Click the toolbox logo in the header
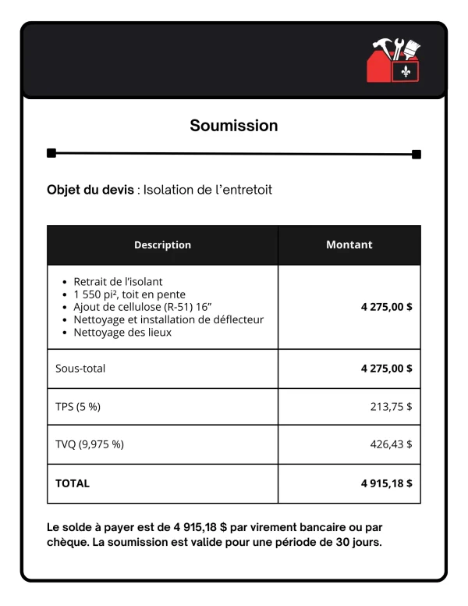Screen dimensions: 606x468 coord(394,60)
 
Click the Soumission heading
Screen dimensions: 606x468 coord(234,125)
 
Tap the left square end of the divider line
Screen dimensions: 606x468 coord(51,153)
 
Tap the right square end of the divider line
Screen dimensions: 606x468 coord(417,154)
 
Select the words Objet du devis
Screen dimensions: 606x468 coord(90,190)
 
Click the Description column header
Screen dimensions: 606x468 coord(162,244)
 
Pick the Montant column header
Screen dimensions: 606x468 coord(349,244)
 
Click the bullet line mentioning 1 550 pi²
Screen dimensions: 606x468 coord(129,294)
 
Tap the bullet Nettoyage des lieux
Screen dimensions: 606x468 coord(122,332)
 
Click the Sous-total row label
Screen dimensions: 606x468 coord(80,368)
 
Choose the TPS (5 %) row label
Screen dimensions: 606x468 coord(78,406)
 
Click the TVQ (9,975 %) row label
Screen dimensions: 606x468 coord(89,444)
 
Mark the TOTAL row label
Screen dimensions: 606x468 coord(73,483)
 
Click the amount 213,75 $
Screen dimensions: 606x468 coord(391,406)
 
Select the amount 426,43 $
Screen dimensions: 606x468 coord(391,444)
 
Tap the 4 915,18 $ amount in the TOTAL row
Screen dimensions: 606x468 coord(386,483)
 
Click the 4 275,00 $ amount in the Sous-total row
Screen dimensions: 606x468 coord(386,368)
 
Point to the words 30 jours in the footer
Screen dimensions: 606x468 coord(358,543)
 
